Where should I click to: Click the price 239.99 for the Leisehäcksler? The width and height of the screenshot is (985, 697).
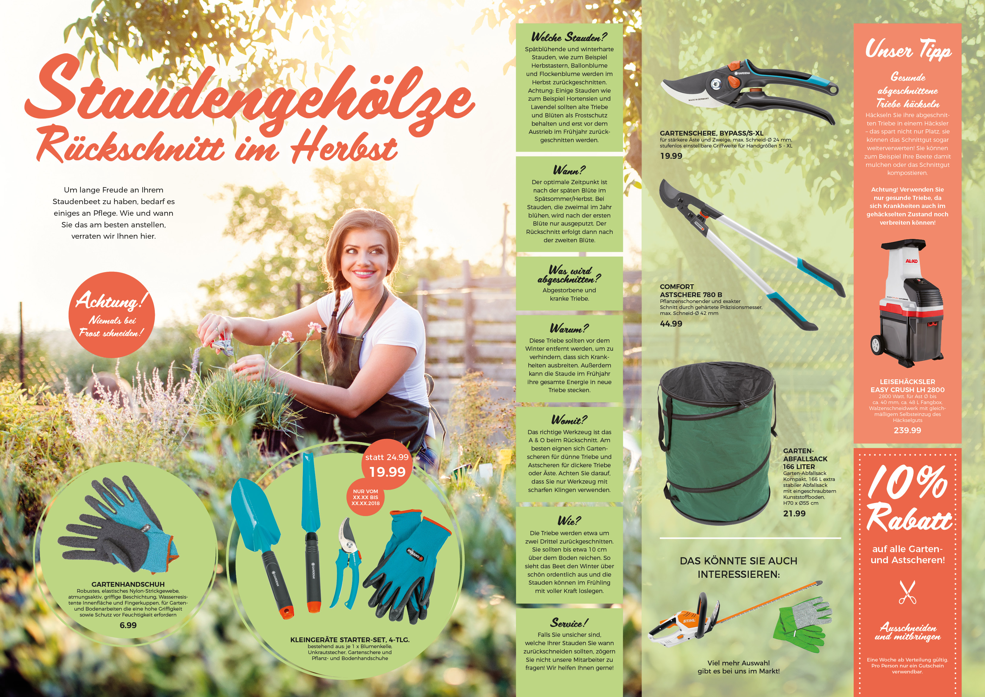pyautogui.click(x=907, y=430)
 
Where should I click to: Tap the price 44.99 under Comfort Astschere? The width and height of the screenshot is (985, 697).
pyautogui.click(x=671, y=324)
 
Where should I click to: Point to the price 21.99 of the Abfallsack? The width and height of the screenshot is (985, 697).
pyautogui.click(x=794, y=513)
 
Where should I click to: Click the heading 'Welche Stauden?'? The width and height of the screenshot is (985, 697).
pyautogui.click(x=569, y=37)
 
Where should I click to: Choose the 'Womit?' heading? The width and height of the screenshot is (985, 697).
pyautogui.click(x=569, y=419)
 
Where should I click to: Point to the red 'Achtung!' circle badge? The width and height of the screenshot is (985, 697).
pyautogui.click(x=111, y=315)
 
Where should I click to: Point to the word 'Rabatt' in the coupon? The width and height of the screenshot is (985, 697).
pyautogui.click(x=909, y=518)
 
